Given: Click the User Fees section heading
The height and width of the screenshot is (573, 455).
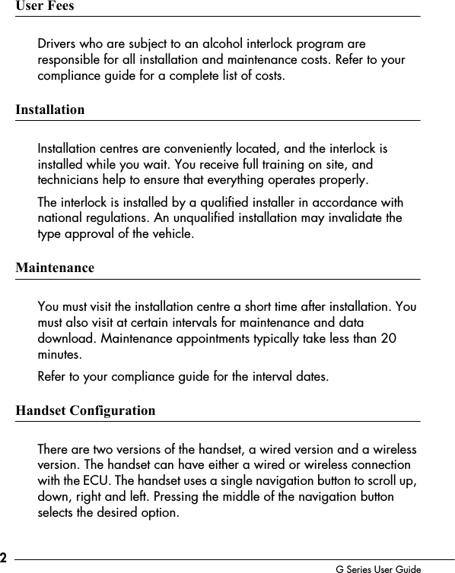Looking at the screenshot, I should (x=45, y=6).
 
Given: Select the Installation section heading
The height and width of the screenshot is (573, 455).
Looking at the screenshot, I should (x=50, y=110).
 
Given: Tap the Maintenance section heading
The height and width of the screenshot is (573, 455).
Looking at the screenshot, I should (x=55, y=268).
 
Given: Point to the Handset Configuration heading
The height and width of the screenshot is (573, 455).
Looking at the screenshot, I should (x=85, y=411).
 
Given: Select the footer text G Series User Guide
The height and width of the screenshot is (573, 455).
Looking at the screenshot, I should (x=378, y=568).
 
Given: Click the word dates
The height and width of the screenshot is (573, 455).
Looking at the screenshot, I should (x=313, y=377).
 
